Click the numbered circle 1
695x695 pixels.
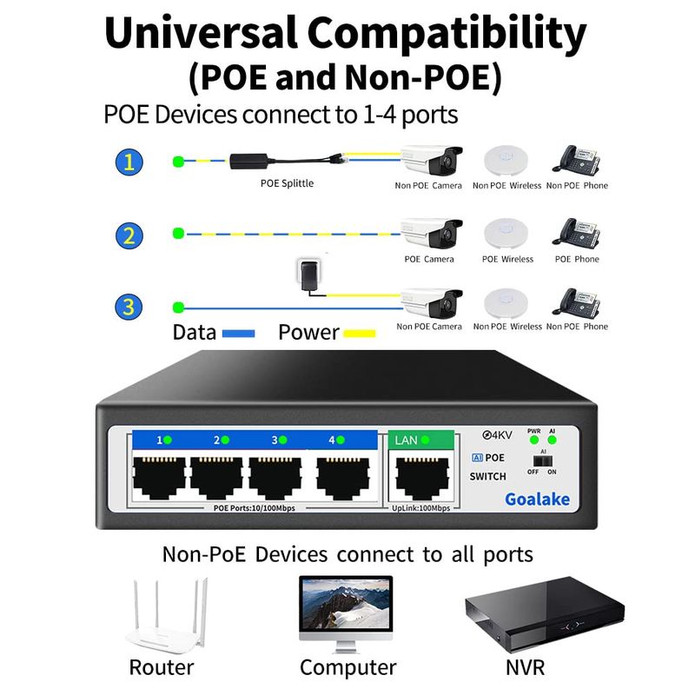tap(129, 161)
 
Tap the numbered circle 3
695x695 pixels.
tap(129, 306)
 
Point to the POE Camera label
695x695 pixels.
tap(429, 259)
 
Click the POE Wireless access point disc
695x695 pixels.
tap(506, 233)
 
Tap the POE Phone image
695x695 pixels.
tap(578, 233)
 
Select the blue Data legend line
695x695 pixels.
tap(237, 334)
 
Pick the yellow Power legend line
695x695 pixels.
tap(359, 334)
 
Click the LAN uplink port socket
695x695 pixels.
tap(422, 477)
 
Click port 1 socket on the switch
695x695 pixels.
tap(158, 477)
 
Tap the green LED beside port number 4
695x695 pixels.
tap(341, 440)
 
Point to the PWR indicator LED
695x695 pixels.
tap(534, 441)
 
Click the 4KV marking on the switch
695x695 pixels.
tap(496, 434)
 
